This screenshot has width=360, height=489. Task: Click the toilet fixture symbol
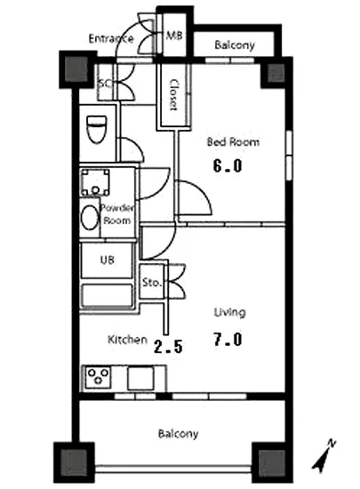click(97, 129)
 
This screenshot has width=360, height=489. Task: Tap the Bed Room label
click(233, 142)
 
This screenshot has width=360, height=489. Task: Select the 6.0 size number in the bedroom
click(228, 165)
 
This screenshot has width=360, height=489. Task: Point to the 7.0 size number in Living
click(228, 339)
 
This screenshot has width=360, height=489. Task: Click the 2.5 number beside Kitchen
click(168, 347)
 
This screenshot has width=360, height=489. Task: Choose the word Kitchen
click(127, 340)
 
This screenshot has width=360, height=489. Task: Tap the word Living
click(229, 312)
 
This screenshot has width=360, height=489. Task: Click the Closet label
click(173, 94)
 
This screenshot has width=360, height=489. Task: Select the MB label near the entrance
click(174, 36)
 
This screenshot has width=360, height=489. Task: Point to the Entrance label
click(111, 38)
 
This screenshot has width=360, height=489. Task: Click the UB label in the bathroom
click(107, 260)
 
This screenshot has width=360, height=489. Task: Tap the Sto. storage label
click(152, 282)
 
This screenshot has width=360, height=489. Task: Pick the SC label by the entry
click(105, 84)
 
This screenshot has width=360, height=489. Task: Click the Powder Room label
click(116, 214)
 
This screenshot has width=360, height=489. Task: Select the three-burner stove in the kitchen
click(98, 377)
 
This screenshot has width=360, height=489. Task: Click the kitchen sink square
click(140, 378)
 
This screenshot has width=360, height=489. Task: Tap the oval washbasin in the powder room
click(90, 217)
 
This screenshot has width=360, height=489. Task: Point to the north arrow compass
click(324, 455)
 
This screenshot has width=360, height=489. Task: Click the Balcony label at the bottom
click(178, 434)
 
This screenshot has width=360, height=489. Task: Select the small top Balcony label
click(235, 45)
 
